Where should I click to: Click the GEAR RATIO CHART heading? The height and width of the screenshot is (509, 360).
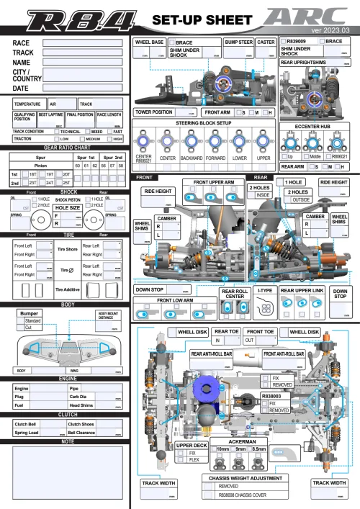click(66, 147)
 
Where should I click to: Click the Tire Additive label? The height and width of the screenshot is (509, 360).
click(66, 289)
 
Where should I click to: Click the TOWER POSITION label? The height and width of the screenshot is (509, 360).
click(153, 112)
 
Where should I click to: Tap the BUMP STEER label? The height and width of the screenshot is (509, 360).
click(238, 42)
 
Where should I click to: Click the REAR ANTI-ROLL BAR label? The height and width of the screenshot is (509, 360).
click(212, 354)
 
